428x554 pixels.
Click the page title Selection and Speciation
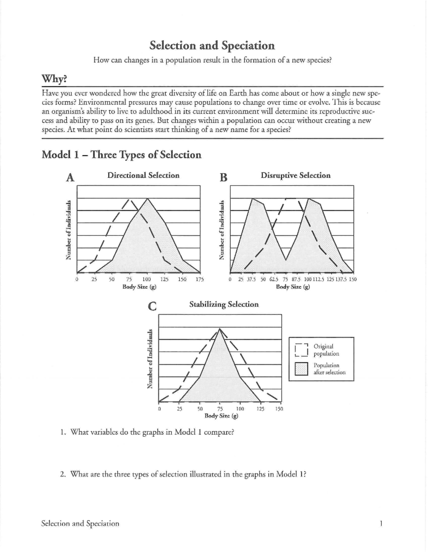[212, 46]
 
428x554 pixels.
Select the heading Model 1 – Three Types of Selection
[122, 155]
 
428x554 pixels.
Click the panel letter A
[70, 177]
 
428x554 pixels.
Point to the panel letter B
[223, 177]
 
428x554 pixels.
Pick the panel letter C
[152, 306]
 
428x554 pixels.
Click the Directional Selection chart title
[143, 175]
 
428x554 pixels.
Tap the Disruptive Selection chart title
[295, 175]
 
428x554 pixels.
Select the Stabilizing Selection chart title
[224, 304]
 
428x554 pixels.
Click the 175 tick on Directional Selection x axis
[200, 280]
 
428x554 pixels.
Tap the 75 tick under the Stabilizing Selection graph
[220, 409]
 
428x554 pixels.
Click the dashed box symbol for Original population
[301, 350]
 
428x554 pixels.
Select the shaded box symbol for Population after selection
[301, 369]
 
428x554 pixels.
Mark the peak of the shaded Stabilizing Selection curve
[220, 329]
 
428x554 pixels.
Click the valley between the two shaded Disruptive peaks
[285, 260]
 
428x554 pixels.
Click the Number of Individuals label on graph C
[151, 359]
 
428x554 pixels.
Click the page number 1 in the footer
[381, 524]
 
